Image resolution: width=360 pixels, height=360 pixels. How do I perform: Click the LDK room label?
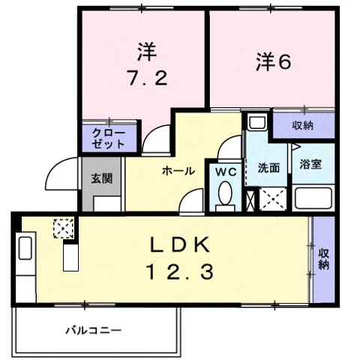[x=179, y=244]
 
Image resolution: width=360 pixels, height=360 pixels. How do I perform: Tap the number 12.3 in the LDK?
[x=181, y=271]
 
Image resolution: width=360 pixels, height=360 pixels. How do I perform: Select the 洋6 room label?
[x=273, y=62]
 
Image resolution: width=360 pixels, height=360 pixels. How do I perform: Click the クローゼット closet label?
[x=109, y=139]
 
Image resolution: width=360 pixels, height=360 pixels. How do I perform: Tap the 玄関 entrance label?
[x=101, y=178]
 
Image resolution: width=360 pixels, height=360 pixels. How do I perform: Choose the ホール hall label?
[x=178, y=171]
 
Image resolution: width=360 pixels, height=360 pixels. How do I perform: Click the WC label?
[x=226, y=172]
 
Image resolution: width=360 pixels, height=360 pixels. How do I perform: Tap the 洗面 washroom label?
[x=268, y=168]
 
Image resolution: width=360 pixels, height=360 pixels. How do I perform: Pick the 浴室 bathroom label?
[x=310, y=164]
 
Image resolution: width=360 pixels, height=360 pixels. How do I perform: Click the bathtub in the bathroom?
[x=313, y=198]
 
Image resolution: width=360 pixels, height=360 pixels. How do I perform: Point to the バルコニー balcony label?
[x=94, y=331]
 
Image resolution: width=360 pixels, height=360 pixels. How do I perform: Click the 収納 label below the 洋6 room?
[x=303, y=125]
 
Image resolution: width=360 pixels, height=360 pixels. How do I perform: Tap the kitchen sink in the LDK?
[x=25, y=248]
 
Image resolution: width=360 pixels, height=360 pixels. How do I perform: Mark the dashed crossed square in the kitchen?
[x=64, y=229]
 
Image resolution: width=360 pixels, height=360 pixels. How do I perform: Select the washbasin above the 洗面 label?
[x=257, y=121]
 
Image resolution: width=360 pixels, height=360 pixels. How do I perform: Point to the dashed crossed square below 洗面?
[x=273, y=199]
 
